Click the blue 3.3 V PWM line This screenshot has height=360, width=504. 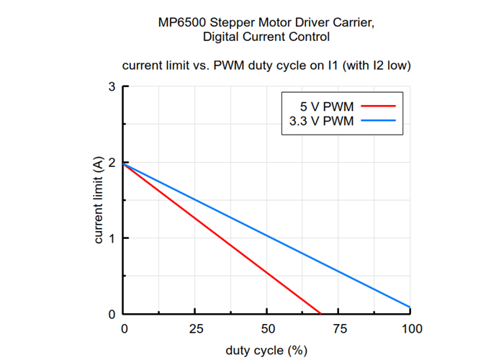(266, 235)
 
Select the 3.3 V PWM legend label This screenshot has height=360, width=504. (317, 121)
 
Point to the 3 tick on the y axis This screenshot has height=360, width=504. (112, 87)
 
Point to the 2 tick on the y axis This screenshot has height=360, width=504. (112, 163)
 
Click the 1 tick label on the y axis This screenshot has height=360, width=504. (112, 238)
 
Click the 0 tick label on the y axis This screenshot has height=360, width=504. (112, 315)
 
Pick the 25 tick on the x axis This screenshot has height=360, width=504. (195, 329)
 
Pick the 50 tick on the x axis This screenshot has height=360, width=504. (267, 329)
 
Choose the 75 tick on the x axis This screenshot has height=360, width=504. (339, 329)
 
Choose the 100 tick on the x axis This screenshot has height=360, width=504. (411, 329)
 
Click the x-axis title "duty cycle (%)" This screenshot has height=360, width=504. (267, 351)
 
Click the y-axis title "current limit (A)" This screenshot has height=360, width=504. (99, 201)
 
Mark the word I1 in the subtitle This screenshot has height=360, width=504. (332, 66)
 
